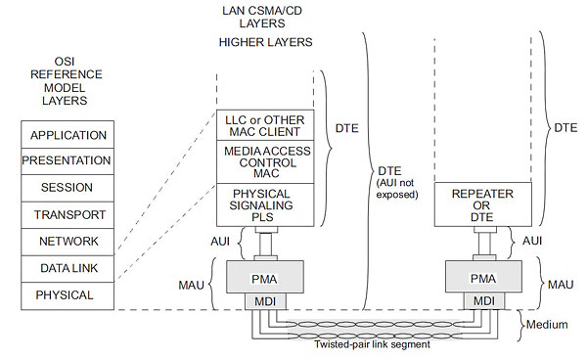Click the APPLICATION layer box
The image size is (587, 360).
tap(68, 134)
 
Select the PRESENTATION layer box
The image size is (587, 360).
tap(68, 160)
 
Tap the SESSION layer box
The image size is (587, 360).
tap(68, 187)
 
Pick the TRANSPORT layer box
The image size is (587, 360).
tap(68, 214)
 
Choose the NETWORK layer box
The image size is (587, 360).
tap(68, 241)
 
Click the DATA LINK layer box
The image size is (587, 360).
tap(68, 268)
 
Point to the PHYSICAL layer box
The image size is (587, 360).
tap(68, 294)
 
